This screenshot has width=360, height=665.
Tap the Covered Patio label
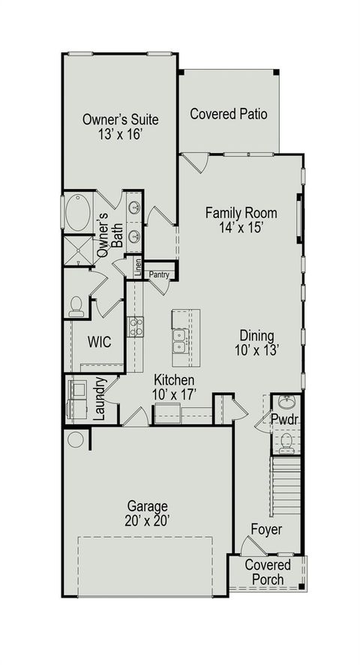click(x=229, y=114)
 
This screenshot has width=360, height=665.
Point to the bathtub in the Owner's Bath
click(x=76, y=213)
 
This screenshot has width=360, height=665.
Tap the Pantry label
click(x=159, y=275)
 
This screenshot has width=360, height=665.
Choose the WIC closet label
click(x=99, y=342)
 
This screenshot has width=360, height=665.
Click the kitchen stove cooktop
click(x=135, y=327)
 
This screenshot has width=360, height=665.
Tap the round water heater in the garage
click(x=76, y=439)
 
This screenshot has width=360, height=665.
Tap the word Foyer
click(x=266, y=530)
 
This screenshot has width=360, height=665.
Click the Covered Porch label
click(x=264, y=572)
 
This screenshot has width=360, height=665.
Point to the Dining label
click(x=256, y=335)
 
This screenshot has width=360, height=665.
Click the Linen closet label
click(x=138, y=268)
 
